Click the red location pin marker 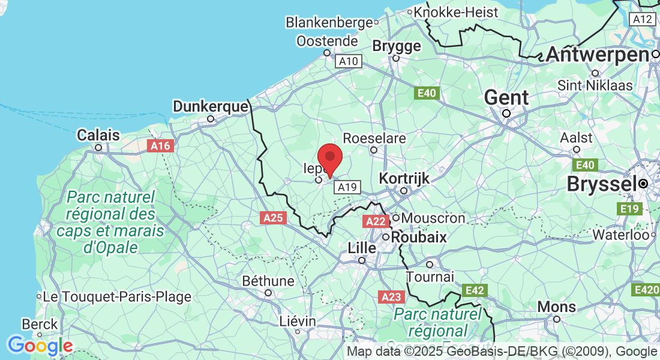(x=329, y=159)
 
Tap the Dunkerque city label (x=210, y=107)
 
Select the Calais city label (x=98, y=136)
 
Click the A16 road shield (x=160, y=146)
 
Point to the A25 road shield (x=273, y=218)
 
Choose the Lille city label (x=362, y=248)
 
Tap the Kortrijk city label (x=404, y=178)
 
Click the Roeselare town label (x=383, y=139)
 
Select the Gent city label (x=506, y=98)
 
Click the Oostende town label (x=327, y=41)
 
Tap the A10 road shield (x=349, y=61)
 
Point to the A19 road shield (x=347, y=187)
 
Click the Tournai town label (x=430, y=277)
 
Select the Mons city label (x=557, y=307)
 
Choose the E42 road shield (x=475, y=290)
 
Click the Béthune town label (x=268, y=281)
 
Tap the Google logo (x=40, y=346)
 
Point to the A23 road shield (x=392, y=297)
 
